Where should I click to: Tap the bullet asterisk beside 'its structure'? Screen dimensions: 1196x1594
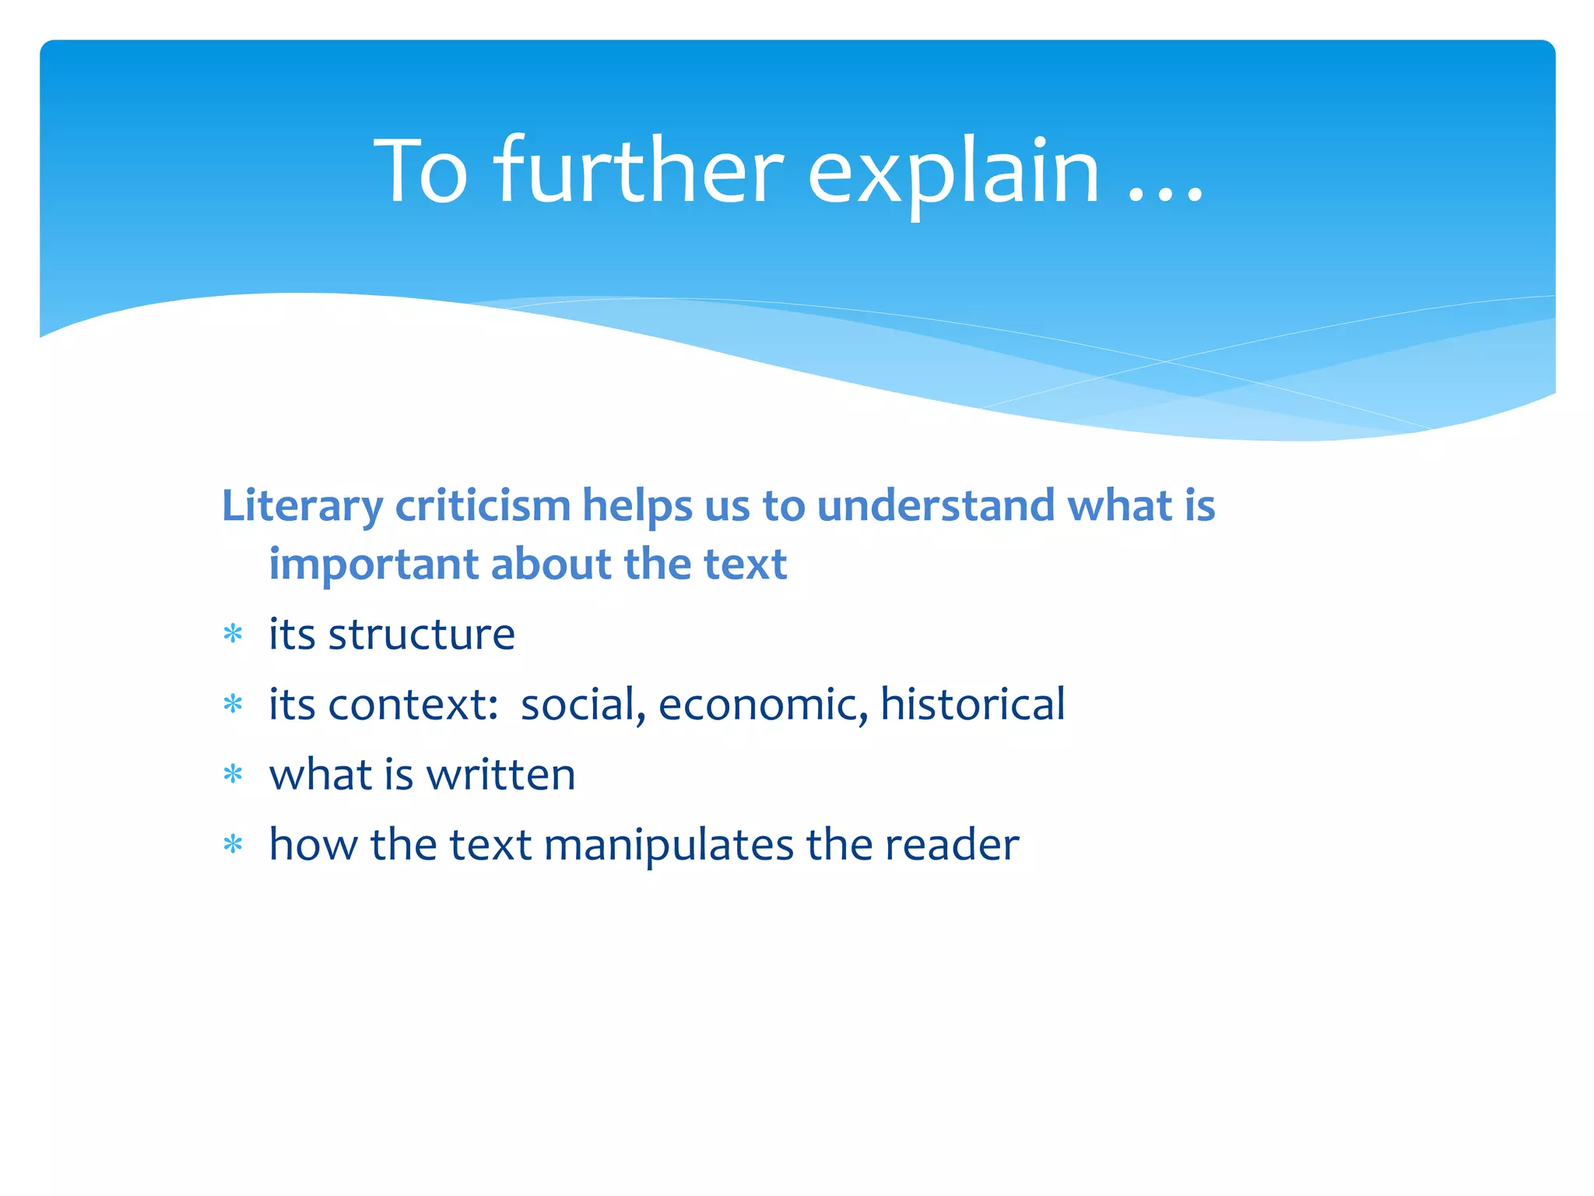tap(233, 635)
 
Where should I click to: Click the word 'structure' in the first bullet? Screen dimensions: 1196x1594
tap(421, 635)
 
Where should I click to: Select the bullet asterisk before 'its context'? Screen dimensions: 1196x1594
tap(233, 705)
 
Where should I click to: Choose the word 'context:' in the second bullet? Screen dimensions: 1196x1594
tap(413, 705)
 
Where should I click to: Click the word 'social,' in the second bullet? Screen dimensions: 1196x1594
tap(583, 705)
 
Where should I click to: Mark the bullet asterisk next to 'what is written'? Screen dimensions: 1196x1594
tap(233, 775)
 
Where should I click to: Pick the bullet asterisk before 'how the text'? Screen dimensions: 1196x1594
tap(233, 844)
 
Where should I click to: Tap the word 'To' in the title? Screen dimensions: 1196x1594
tap(421, 171)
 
